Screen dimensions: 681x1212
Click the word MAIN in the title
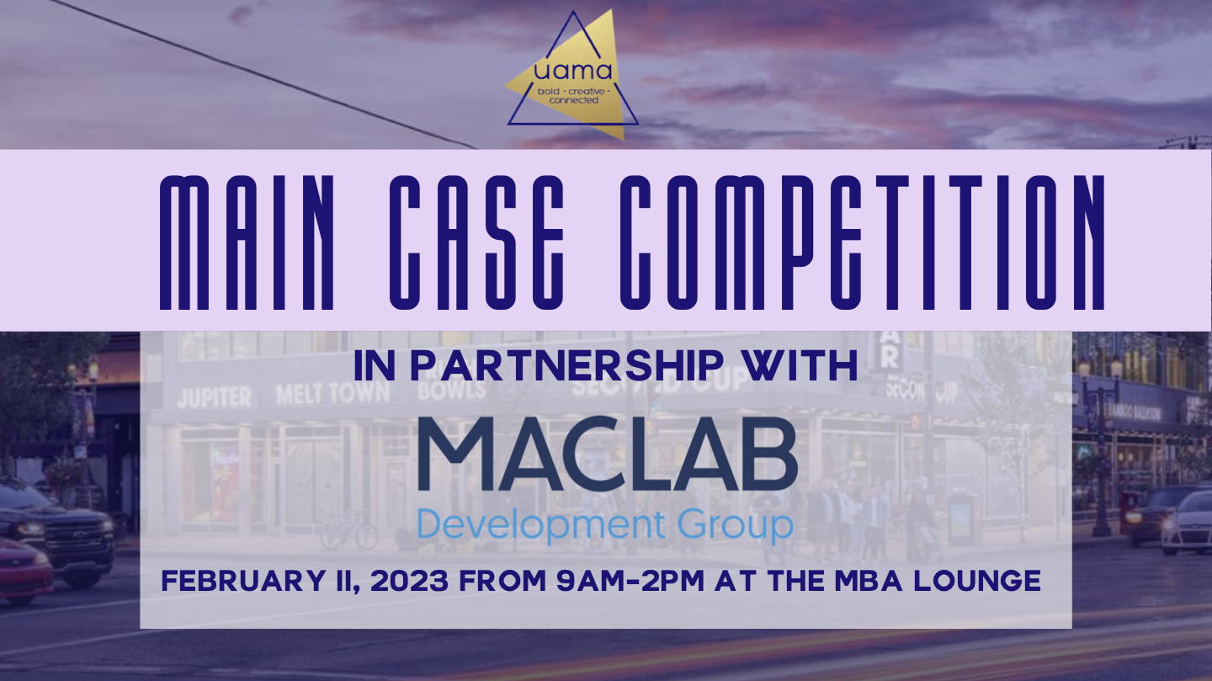click(250, 241)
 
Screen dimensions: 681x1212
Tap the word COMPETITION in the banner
click(862, 241)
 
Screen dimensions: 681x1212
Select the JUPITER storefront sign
click(214, 396)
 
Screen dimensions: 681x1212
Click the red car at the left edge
click(24, 568)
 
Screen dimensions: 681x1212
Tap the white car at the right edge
click(1188, 522)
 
